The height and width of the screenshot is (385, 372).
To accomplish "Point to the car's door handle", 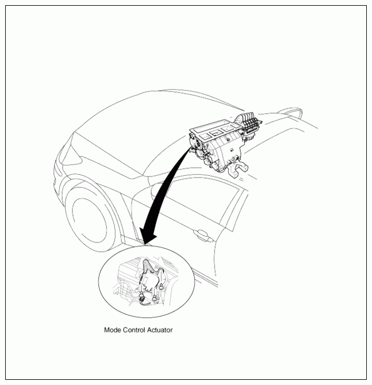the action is (203, 235).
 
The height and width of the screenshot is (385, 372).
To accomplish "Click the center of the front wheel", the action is (90, 220).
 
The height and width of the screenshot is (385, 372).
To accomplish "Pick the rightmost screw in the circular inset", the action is (161, 287).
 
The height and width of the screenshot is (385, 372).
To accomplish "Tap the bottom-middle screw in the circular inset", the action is (154, 299).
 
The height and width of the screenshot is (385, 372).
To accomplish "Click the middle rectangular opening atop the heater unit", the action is (216, 133).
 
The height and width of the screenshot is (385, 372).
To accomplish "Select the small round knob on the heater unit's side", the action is (228, 140).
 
